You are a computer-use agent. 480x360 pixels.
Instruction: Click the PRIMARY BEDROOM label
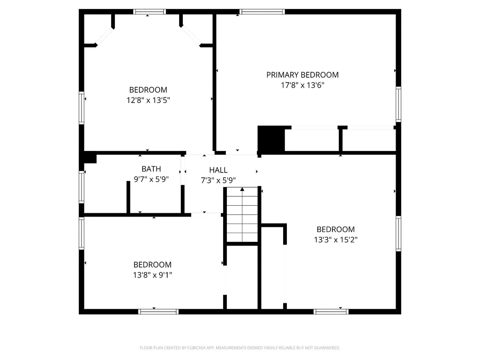pos(302,75)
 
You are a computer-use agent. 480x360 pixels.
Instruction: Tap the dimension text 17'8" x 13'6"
pos(302,85)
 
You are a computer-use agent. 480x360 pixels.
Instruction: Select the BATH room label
pos(151,169)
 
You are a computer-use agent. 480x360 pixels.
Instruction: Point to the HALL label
pos(218,170)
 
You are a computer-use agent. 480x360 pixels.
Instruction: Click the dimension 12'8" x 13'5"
pos(148,100)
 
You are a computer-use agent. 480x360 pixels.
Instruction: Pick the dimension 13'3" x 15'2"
pos(336,240)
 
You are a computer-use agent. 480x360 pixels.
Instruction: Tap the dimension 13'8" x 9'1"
pos(152,275)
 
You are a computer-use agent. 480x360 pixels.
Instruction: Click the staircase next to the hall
pos(242,215)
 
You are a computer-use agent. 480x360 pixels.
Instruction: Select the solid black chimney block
pos(271,138)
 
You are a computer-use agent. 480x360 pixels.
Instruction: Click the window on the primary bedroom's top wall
pos(262,12)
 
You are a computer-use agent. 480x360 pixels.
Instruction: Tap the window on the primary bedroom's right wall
pos(398,105)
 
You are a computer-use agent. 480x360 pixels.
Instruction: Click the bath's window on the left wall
pos(82,187)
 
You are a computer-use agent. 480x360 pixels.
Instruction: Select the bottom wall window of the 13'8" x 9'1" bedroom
pos(158,312)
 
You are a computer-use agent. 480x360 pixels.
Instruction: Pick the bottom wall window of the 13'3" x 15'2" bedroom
pos(331,312)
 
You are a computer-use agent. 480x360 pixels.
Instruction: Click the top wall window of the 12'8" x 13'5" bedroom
pos(150,12)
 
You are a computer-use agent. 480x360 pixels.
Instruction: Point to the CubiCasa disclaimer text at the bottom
pos(240,348)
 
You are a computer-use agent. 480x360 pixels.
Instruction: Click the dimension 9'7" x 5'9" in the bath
pos(151,179)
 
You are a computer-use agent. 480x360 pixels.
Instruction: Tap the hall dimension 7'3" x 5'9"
pos(218,180)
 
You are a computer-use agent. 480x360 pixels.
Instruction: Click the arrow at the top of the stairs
pos(242,189)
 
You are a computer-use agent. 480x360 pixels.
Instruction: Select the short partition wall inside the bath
pos(128,197)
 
